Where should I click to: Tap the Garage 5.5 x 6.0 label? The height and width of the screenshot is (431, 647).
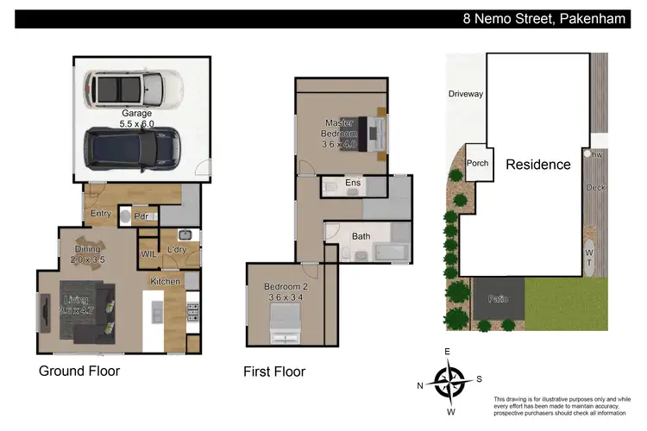click(x=136, y=118)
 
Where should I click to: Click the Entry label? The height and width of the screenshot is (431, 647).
click(x=101, y=214)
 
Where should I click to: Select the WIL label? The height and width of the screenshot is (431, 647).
click(x=148, y=253)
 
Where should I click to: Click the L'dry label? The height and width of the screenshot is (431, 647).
click(x=177, y=250)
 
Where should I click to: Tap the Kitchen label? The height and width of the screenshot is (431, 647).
click(x=166, y=282)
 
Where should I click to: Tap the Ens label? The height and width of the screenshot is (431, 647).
click(x=353, y=183)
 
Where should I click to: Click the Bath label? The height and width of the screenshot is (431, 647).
click(x=361, y=235)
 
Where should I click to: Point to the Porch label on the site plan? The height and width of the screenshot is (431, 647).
click(x=477, y=163)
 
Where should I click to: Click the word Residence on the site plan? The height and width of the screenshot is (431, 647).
click(x=537, y=165)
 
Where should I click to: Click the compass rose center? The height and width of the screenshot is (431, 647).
click(x=449, y=380)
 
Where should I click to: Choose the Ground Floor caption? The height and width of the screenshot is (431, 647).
click(x=79, y=372)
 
